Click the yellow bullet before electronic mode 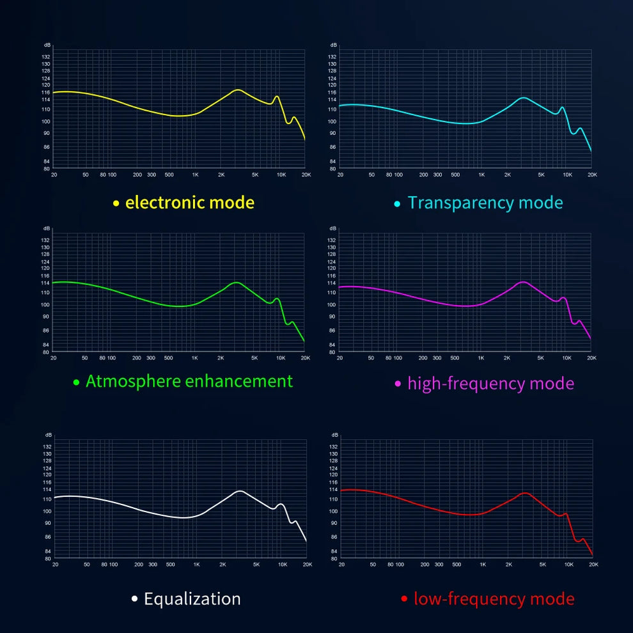[116, 203]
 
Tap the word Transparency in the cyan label [460, 203]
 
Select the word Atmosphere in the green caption [132, 381]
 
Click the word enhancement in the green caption [238, 381]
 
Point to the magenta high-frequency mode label [490, 384]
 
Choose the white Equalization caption [192, 599]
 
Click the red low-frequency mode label [494, 599]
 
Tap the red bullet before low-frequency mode [404, 599]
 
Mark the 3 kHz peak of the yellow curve [238, 90]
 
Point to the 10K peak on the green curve [277, 299]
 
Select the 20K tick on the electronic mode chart [306, 175]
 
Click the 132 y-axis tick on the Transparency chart [332, 57]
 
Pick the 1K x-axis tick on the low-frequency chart [483, 565]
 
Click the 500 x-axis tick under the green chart [169, 358]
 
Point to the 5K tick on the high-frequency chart [541, 358]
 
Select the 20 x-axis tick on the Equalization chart [55, 565]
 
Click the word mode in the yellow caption [231, 203]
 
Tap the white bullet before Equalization [134, 599]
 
